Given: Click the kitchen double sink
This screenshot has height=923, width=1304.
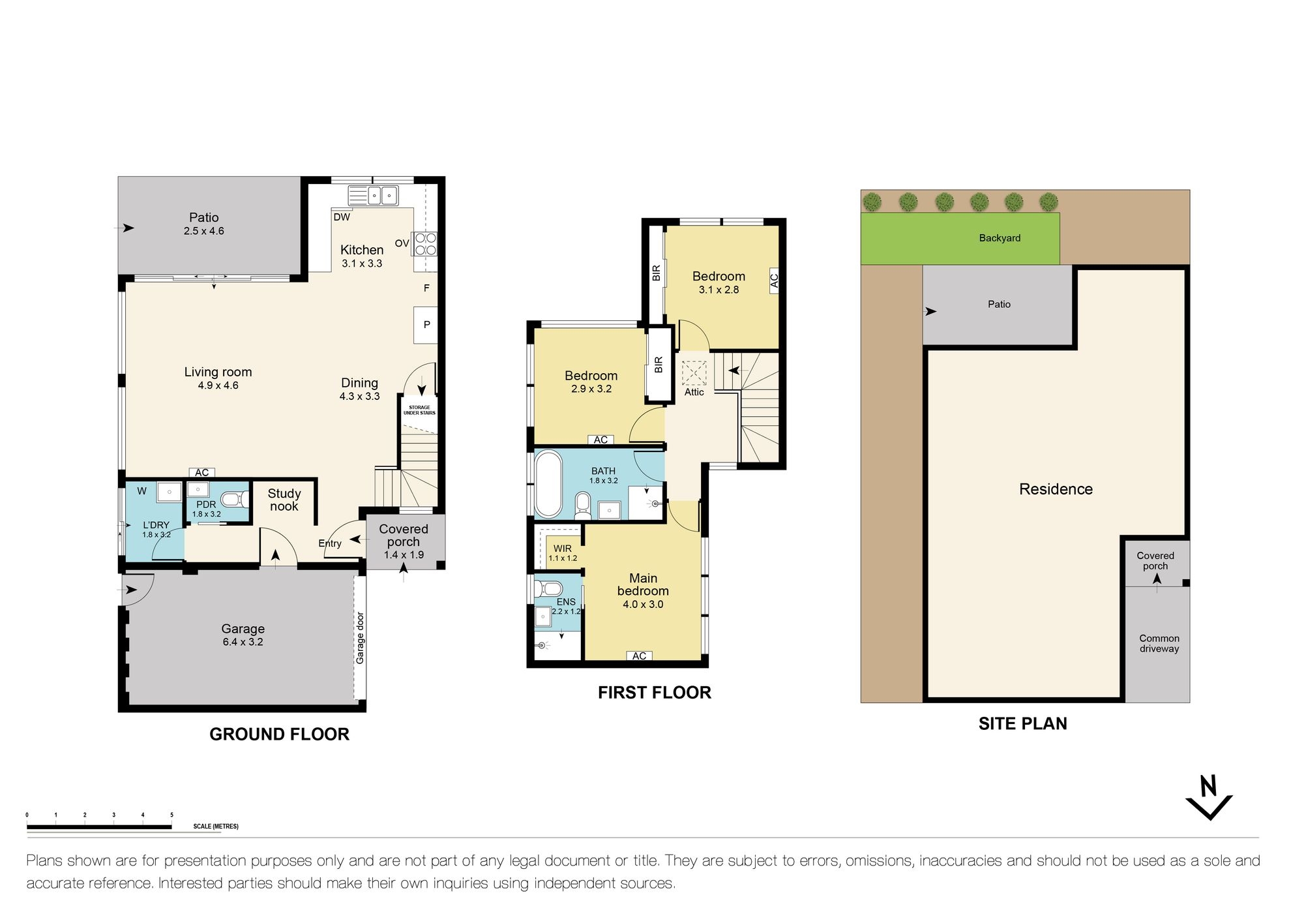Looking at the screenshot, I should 373,195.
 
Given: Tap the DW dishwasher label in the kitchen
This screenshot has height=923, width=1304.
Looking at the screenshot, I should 342,217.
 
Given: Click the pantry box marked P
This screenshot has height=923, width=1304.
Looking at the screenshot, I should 426,324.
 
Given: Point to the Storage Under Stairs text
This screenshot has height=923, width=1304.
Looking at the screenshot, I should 419,410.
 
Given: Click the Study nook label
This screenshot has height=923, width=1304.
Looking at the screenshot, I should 284,500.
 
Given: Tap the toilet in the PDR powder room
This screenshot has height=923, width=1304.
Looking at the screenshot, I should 233,500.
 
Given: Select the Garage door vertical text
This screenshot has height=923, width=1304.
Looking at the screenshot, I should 360,638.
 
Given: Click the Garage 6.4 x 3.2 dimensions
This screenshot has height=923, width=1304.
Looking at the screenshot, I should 243,642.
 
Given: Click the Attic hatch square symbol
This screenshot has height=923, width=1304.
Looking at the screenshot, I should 694,373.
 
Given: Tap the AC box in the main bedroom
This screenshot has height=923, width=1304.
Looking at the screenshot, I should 639,656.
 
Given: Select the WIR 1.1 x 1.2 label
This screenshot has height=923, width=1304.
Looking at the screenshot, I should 562,553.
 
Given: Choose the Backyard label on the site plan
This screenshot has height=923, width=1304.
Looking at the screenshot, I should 1000,238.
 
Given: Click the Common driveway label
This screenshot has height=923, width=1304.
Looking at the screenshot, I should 1159,643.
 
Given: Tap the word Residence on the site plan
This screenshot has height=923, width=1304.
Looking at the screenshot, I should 1056,489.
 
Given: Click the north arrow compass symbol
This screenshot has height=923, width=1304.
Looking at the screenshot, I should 1209,799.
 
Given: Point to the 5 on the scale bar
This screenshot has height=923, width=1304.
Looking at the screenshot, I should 172,815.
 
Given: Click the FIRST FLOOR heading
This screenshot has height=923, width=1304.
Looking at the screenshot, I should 654,693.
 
